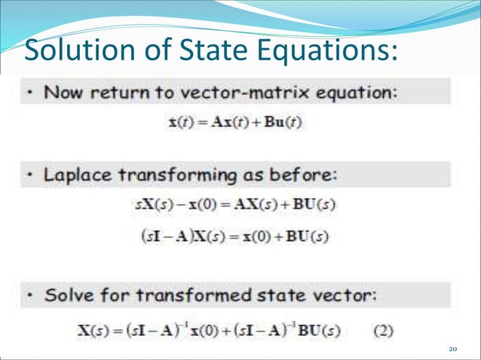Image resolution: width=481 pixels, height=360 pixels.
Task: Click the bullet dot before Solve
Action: pyautogui.click(x=29, y=294)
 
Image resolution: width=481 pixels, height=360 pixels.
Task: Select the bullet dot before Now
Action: pyautogui.click(x=29, y=94)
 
